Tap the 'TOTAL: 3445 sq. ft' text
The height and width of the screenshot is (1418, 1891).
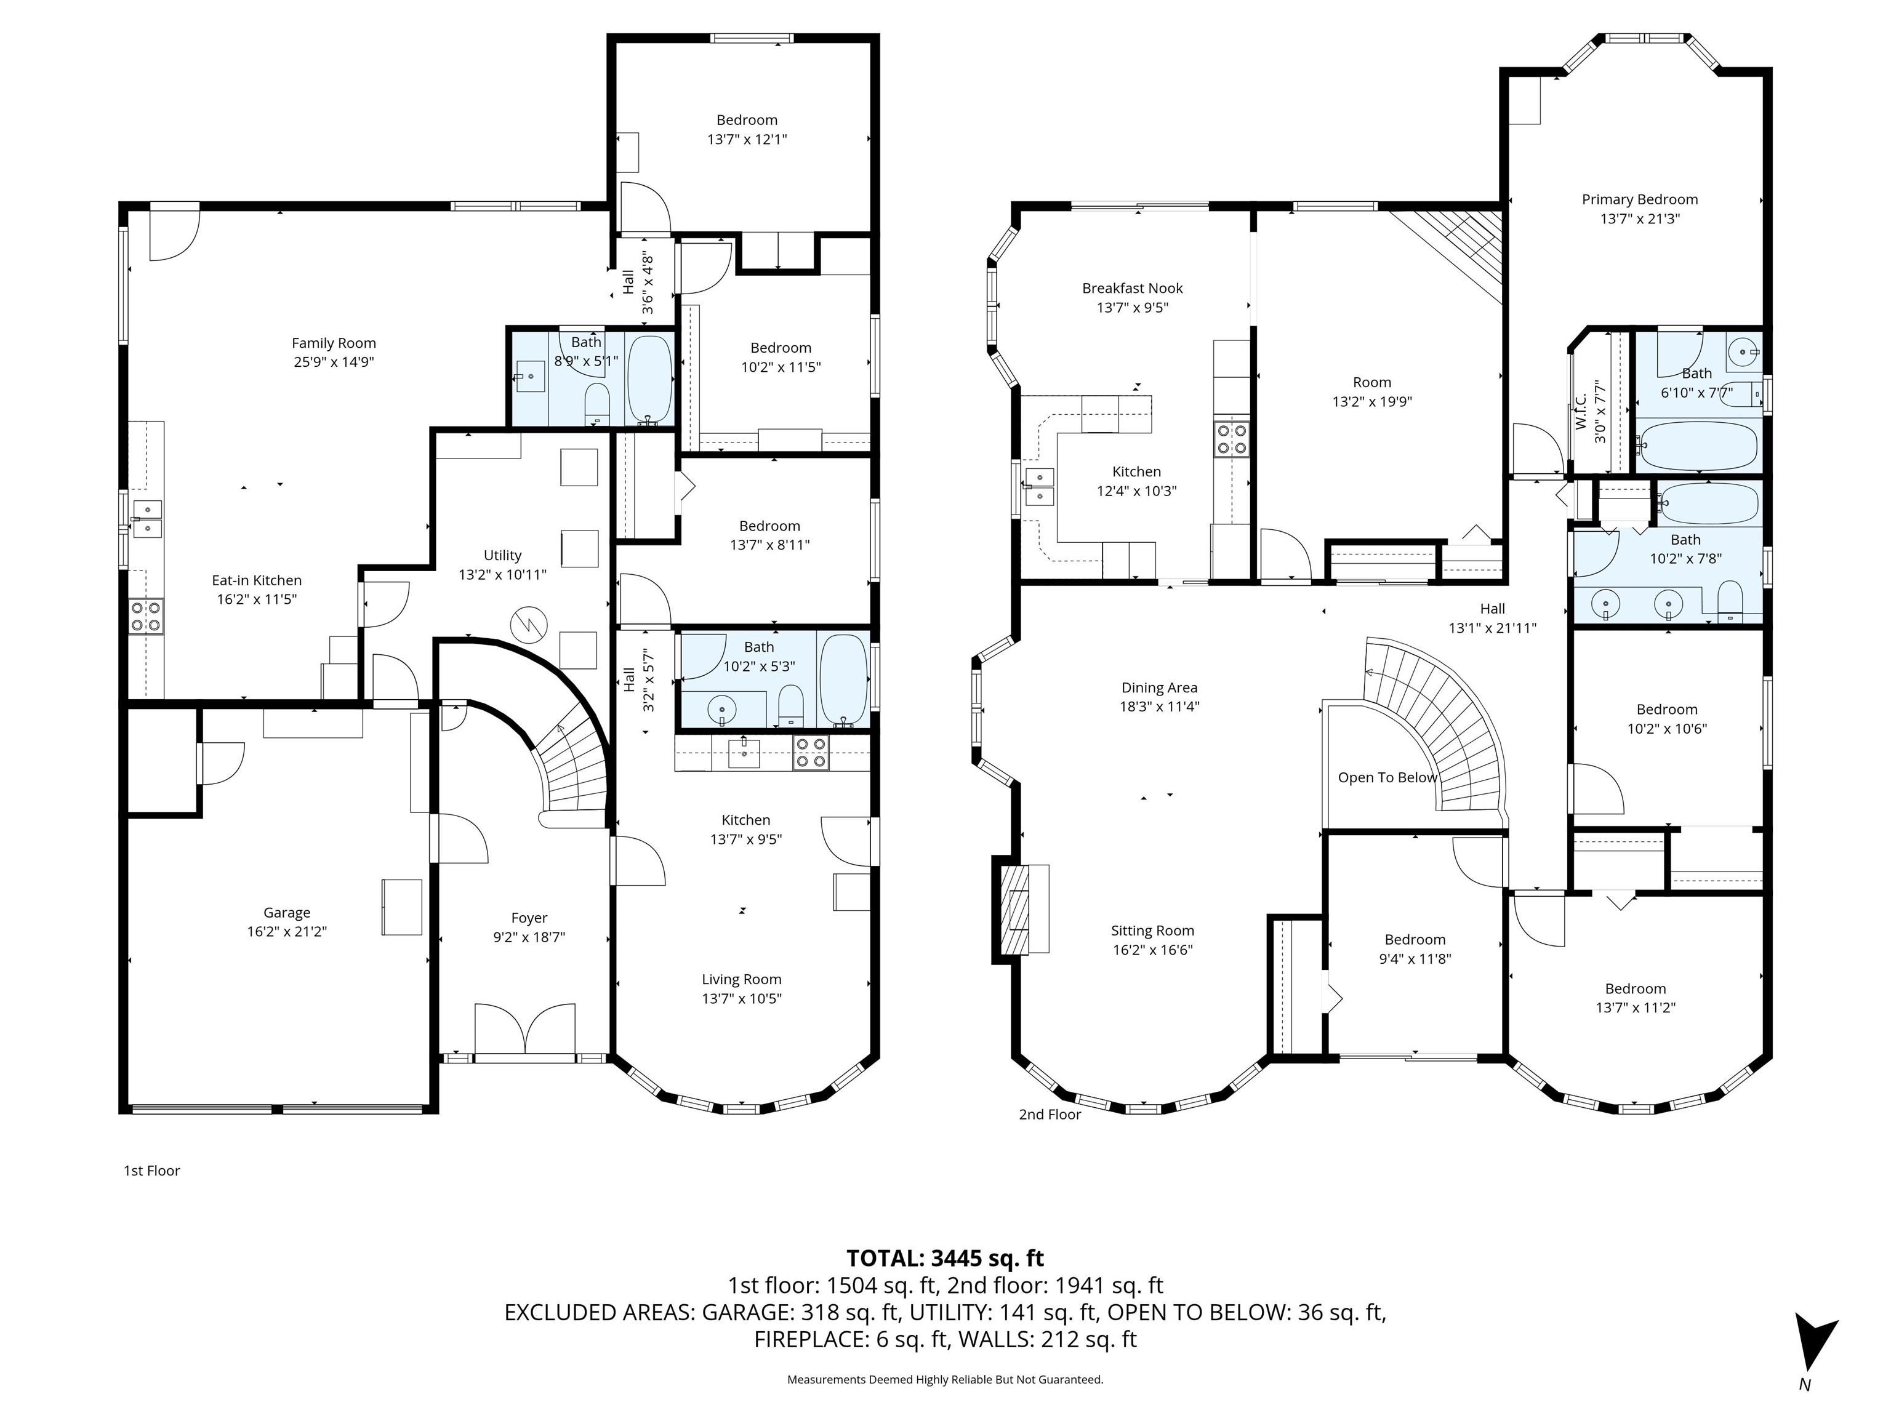tap(945, 1258)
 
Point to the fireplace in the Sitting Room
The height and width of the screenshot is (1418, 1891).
tap(1020, 908)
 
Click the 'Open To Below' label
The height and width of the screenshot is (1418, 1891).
tap(1387, 778)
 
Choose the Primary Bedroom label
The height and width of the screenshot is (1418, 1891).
tap(1640, 199)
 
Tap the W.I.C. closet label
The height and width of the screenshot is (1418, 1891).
tap(1581, 411)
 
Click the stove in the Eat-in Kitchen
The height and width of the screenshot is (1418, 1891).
tap(146, 616)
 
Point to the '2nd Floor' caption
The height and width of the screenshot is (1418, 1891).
tap(1050, 1115)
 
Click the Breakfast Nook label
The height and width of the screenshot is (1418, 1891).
tap(1133, 288)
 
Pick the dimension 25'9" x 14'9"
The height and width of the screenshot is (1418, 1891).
tap(334, 361)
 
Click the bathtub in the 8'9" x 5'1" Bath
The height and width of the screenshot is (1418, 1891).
tap(651, 379)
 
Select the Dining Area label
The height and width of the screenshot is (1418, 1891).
tap(1159, 687)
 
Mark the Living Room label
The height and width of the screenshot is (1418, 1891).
tap(742, 980)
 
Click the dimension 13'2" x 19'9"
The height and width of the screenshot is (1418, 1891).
tap(1372, 402)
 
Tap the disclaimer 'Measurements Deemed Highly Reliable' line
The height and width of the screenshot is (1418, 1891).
tap(945, 1380)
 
